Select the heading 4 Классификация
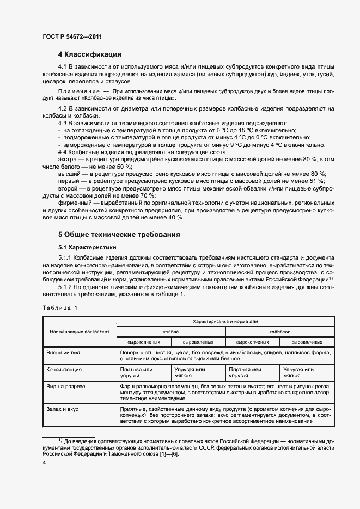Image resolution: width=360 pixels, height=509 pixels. (89, 54)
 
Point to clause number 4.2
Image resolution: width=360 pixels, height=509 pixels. (64, 109)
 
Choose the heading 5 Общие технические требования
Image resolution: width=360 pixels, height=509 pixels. (119, 235)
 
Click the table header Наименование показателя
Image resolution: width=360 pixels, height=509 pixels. (80, 331)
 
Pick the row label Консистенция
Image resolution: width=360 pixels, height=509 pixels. (64, 369)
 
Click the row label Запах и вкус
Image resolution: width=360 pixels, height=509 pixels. (63, 409)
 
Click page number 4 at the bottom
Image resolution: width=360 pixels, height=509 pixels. (44, 462)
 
